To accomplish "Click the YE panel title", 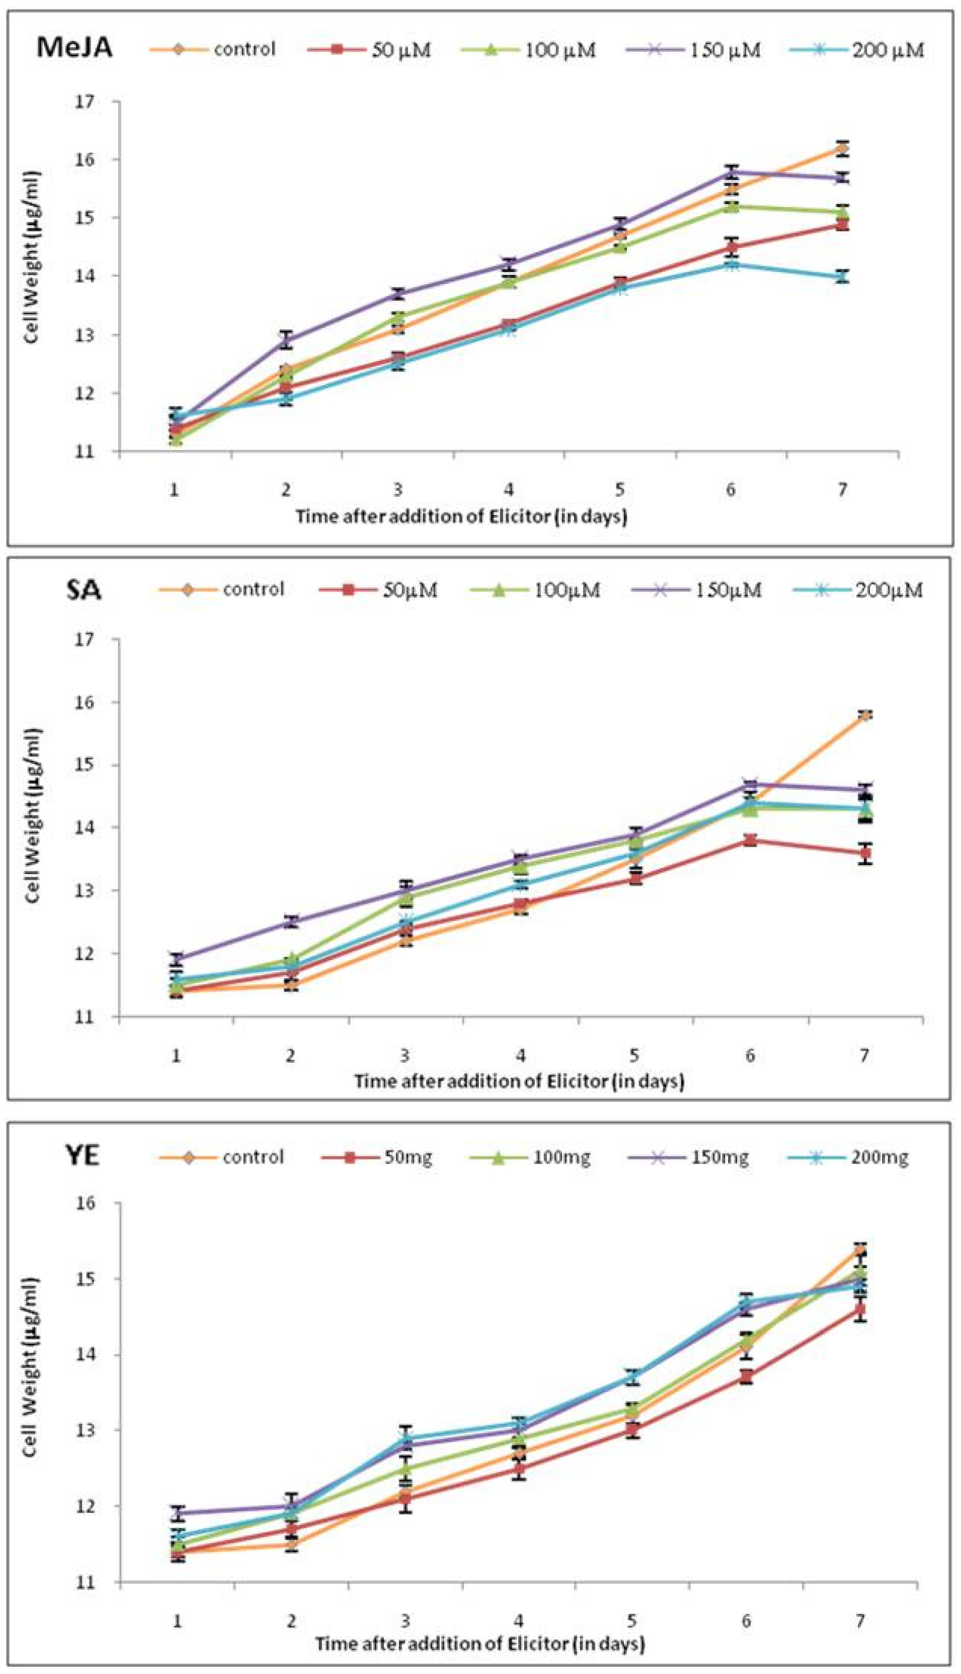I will tap(82, 1155).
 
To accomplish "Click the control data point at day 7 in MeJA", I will tap(841, 148).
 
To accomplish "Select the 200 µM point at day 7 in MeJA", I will tap(841, 277).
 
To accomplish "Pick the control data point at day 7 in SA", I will tap(864, 715).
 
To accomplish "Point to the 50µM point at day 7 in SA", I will tap(864, 853).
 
